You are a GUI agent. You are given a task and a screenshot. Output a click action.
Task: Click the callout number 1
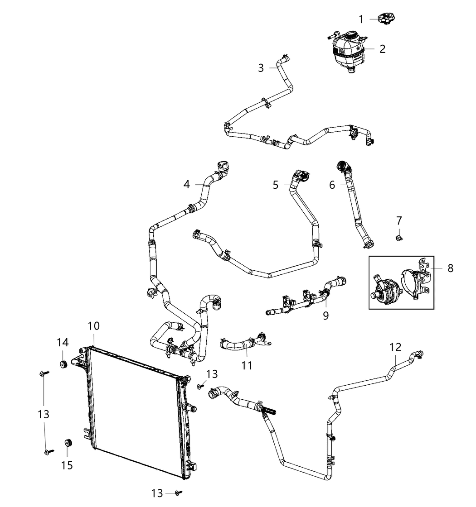click(361, 19)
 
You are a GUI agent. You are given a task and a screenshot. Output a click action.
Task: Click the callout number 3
click(261, 68)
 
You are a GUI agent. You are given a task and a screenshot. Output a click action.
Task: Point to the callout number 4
click(186, 184)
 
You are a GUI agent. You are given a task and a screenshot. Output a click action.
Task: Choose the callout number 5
click(276, 185)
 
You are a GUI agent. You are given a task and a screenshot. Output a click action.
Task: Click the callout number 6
click(332, 185)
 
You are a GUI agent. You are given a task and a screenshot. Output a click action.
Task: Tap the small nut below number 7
click(399, 239)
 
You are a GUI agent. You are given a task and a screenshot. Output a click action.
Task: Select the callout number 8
click(451, 268)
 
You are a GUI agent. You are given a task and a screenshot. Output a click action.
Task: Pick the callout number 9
click(326, 315)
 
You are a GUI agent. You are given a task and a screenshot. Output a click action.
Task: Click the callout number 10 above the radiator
click(93, 326)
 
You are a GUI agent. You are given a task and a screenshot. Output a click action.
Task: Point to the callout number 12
click(395, 347)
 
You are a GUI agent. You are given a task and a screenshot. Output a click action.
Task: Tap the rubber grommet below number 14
click(63, 364)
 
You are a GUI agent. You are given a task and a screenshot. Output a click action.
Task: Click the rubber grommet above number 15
click(68, 443)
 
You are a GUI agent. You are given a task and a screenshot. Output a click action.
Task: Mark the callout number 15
click(67, 465)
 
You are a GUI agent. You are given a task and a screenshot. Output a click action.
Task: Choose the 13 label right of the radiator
click(212, 374)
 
